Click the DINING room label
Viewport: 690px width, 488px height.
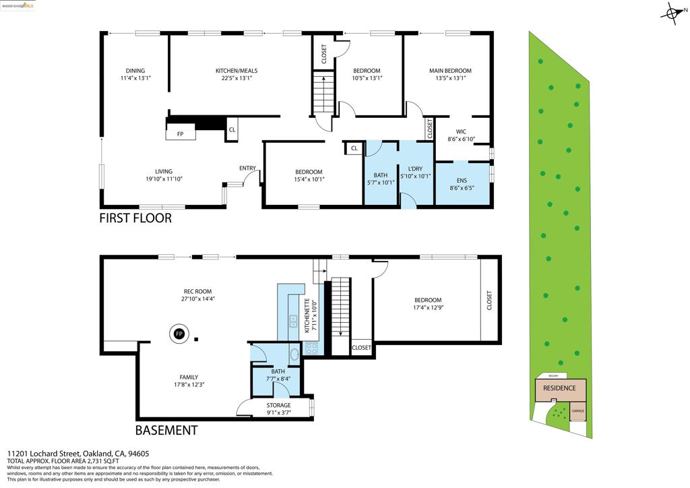pyautogui.click(x=135, y=71)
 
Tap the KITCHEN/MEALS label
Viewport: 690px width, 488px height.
pyautogui.click(x=236, y=71)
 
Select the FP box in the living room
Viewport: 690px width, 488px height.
pyautogui.click(x=181, y=133)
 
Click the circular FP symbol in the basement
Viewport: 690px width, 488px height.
pyautogui.click(x=179, y=334)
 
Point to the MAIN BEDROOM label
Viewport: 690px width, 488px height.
pyautogui.click(x=450, y=71)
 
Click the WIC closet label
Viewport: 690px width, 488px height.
pyautogui.click(x=461, y=132)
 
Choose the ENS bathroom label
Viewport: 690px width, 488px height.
pyautogui.click(x=462, y=181)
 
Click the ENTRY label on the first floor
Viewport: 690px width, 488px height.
pyautogui.click(x=247, y=169)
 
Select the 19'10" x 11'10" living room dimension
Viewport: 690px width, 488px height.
pyautogui.click(x=164, y=179)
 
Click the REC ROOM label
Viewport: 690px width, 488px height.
pyautogui.click(x=197, y=291)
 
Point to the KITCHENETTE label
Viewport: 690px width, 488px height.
pyautogui.click(x=307, y=315)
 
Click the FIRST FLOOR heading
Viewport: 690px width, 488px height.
pyautogui.click(x=135, y=218)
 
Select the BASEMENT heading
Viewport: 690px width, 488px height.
pyautogui.click(x=166, y=430)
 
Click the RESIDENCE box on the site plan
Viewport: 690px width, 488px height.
pyautogui.click(x=560, y=388)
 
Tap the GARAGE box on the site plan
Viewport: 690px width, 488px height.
pyautogui.click(x=577, y=410)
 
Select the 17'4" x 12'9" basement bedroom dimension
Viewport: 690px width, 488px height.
pyautogui.click(x=428, y=308)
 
